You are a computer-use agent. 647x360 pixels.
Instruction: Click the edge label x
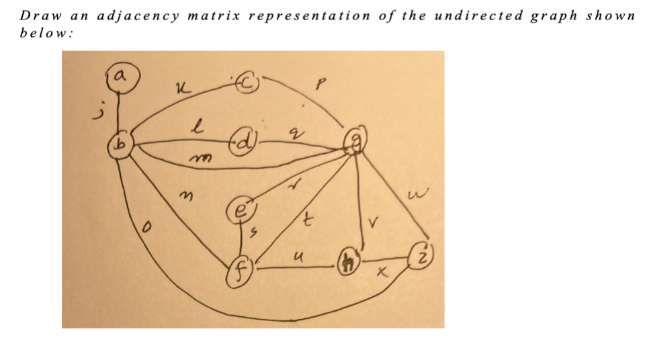click(383, 274)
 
